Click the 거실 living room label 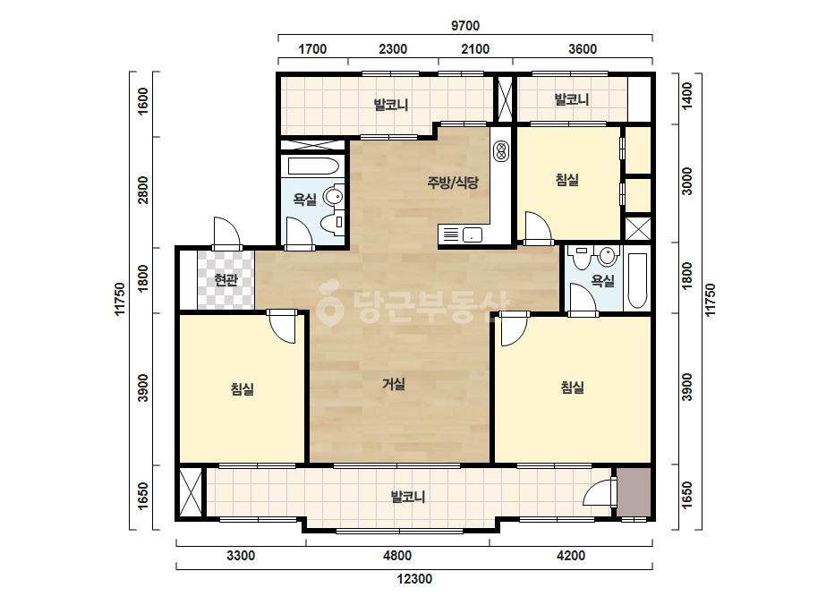pyautogui.click(x=394, y=384)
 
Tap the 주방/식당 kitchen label pyautogui.click(x=453, y=183)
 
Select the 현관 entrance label pyautogui.click(x=226, y=279)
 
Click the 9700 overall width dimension pyautogui.click(x=465, y=25)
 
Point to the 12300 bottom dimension pyautogui.click(x=414, y=579)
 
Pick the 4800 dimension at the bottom pyautogui.click(x=397, y=556)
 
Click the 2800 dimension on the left pyautogui.click(x=143, y=191)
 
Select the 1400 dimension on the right pyautogui.click(x=687, y=96)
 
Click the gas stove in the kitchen pyautogui.click(x=500, y=152)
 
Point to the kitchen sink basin pyautogui.click(x=472, y=235)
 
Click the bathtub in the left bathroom pyautogui.click(x=312, y=166)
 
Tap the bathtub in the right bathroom pyautogui.click(x=637, y=281)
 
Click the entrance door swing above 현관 pyautogui.click(x=227, y=232)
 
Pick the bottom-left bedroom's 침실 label pyautogui.click(x=243, y=389)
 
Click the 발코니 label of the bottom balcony pyautogui.click(x=408, y=497)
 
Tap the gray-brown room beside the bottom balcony pyautogui.click(x=634, y=492)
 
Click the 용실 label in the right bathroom pyautogui.click(x=602, y=281)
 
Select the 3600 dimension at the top pyautogui.click(x=583, y=49)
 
